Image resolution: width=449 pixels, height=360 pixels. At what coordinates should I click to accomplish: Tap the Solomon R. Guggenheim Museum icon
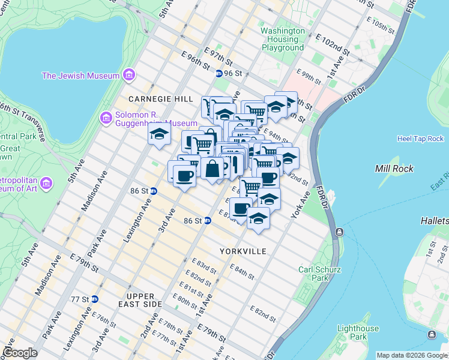pyautogui.click(x=106, y=118)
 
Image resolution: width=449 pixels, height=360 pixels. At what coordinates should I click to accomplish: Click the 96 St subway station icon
pyautogui.click(x=219, y=73)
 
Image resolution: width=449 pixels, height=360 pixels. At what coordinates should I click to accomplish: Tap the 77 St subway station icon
pyautogui.click(x=94, y=299)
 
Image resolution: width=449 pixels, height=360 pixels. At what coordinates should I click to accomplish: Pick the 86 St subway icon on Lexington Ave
pyautogui.click(x=154, y=191)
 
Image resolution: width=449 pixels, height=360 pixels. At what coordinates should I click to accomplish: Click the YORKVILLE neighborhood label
pyautogui.click(x=243, y=251)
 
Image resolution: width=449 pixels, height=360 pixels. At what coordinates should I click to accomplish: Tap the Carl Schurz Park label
pyautogui.click(x=313, y=274)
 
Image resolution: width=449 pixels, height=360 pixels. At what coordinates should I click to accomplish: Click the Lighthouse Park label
pyautogui.click(x=358, y=332)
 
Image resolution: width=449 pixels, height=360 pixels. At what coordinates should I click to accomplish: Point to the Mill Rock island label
pyautogui.click(x=394, y=169)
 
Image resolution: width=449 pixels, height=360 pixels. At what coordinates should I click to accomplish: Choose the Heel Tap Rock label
pyautogui.click(x=420, y=139)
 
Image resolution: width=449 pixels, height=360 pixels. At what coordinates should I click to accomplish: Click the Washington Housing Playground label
pyautogui.click(x=282, y=39)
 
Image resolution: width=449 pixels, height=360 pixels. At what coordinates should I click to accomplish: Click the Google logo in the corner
pyautogui.click(x=20, y=353)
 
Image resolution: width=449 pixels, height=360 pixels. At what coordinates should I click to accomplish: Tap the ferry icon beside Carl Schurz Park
pyautogui.click(x=340, y=232)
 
